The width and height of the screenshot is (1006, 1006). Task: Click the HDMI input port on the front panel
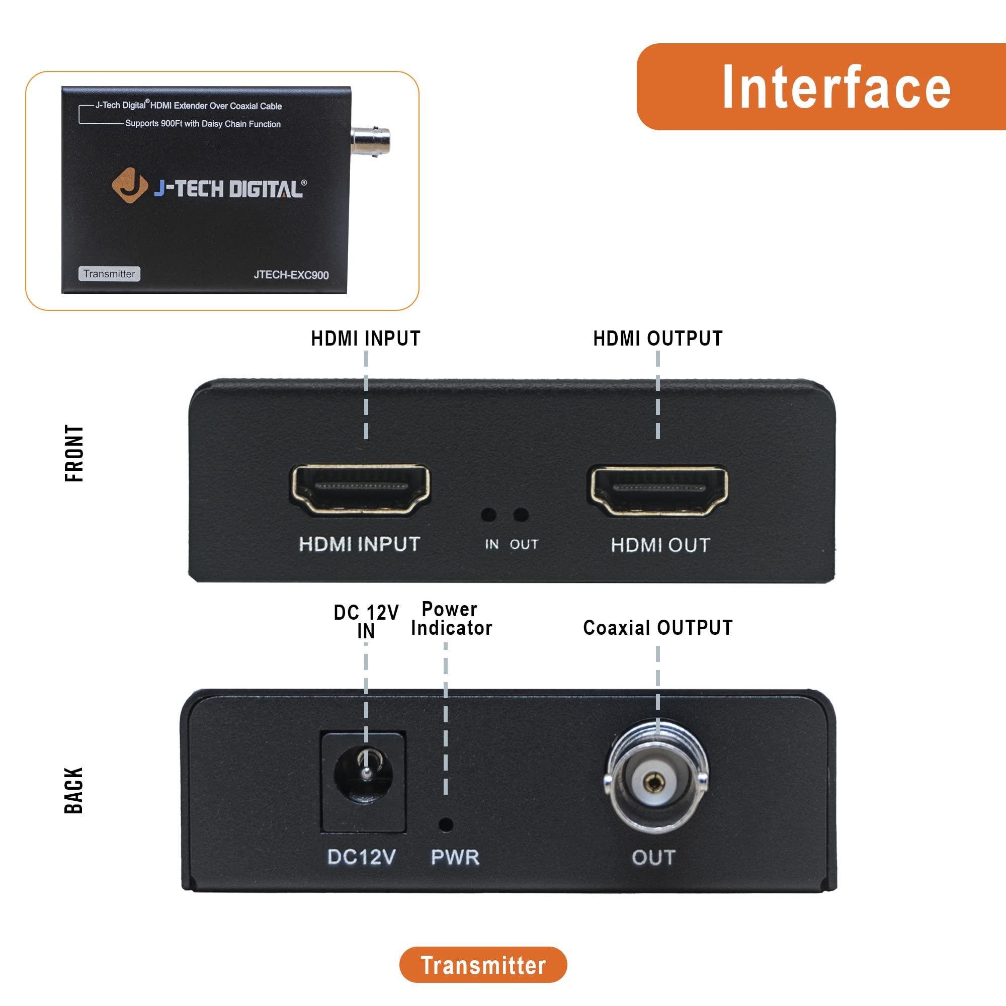tap(360, 489)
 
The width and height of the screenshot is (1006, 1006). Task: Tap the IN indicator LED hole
tap(488, 515)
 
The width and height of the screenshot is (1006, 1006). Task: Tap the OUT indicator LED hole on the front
tap(521, 515)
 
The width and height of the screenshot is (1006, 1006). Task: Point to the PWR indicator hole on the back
tap(446, 824)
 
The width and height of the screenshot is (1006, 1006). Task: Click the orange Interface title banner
tap(821, 87)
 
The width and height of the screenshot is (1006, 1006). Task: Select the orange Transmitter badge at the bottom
tap(483, 965)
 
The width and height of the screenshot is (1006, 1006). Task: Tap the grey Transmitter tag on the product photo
tap(109, 274)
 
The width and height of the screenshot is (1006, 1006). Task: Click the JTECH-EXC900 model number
tap(291, 275)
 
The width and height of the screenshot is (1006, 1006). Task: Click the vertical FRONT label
tap(74, 454)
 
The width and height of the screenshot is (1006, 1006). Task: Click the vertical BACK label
tap(74, 790)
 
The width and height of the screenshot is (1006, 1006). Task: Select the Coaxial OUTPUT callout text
tap(657, 627)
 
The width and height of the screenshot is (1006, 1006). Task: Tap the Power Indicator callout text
tap(451, 619)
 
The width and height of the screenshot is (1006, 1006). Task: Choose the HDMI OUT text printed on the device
tap(660, 545)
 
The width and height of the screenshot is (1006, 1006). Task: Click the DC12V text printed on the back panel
tap(361, 857)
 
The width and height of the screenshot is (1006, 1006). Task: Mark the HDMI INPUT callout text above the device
tap(366, 339)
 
